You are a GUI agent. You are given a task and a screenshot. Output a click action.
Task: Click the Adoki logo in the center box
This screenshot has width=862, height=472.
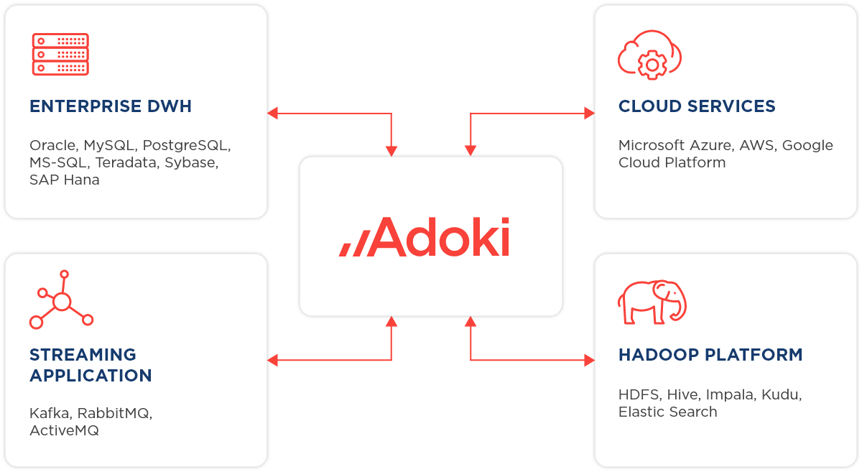click(425, 237)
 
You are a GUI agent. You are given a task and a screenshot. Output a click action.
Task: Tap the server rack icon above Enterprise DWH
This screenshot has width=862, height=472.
click(61, 54)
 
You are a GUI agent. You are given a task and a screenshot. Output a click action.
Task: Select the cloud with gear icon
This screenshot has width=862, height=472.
click(649, 55)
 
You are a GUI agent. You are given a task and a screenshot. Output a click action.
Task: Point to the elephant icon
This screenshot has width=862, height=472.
click(652, 302)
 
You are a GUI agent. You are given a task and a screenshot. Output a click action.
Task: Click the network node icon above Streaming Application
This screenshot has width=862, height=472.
click(61, 300)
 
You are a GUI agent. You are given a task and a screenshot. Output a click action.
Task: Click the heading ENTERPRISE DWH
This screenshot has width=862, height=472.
click(111, 107)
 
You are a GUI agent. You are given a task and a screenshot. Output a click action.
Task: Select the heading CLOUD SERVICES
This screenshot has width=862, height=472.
click(697, 107)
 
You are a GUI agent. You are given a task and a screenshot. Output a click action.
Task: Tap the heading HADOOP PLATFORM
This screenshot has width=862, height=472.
click(710, 355)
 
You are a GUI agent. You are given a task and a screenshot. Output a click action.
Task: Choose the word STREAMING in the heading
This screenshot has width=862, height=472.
click(83, 355)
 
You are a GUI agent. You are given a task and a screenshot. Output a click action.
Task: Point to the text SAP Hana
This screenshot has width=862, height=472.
click(65, 180)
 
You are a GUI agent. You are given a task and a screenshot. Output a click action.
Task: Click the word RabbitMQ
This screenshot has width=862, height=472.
click(115, 413)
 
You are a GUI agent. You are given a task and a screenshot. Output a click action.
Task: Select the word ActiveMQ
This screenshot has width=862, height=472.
click(64, 430)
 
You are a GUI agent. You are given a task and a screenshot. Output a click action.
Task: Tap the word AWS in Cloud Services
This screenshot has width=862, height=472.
click(757, 145)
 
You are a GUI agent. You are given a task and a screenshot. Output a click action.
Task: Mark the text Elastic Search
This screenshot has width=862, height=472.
click(667, 412)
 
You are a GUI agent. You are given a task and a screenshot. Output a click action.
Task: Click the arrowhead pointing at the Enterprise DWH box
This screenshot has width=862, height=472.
click(273, 113)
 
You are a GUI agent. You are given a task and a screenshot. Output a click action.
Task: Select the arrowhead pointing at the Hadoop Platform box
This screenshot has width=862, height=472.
click(589, 360)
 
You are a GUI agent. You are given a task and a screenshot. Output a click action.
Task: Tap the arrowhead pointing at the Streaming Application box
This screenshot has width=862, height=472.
click(273, 360)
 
